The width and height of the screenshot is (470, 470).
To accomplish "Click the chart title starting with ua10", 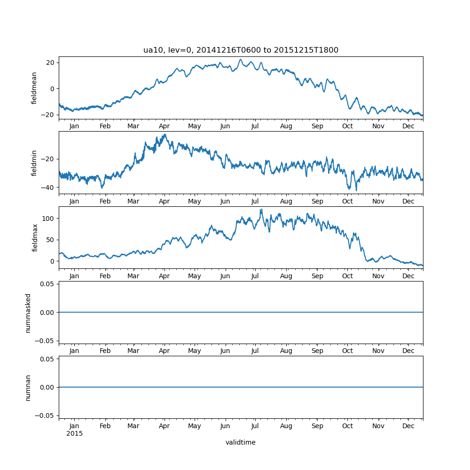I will pos(241,50).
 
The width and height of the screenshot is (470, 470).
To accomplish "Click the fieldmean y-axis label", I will pos(34,88).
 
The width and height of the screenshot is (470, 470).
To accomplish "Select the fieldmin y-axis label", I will pos(34,163).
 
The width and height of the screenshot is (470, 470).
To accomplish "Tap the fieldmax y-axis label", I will pos(34,238).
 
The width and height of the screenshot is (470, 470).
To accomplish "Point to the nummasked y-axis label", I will pos(28,313).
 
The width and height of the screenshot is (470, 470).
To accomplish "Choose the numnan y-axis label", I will pos(28,387).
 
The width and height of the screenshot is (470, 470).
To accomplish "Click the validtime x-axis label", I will pos(241,442).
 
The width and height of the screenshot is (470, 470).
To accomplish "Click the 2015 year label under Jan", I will pos(74,433).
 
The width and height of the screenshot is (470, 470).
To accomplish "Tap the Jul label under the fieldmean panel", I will pos(255,126).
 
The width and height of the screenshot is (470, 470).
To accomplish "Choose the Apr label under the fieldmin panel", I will pos(164,201).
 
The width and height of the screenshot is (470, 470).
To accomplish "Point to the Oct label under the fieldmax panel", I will pos(347,276).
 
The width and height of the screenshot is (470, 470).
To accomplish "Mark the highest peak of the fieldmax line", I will pos(261,210).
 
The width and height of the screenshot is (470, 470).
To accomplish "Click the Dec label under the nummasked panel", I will pos(408,351).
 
